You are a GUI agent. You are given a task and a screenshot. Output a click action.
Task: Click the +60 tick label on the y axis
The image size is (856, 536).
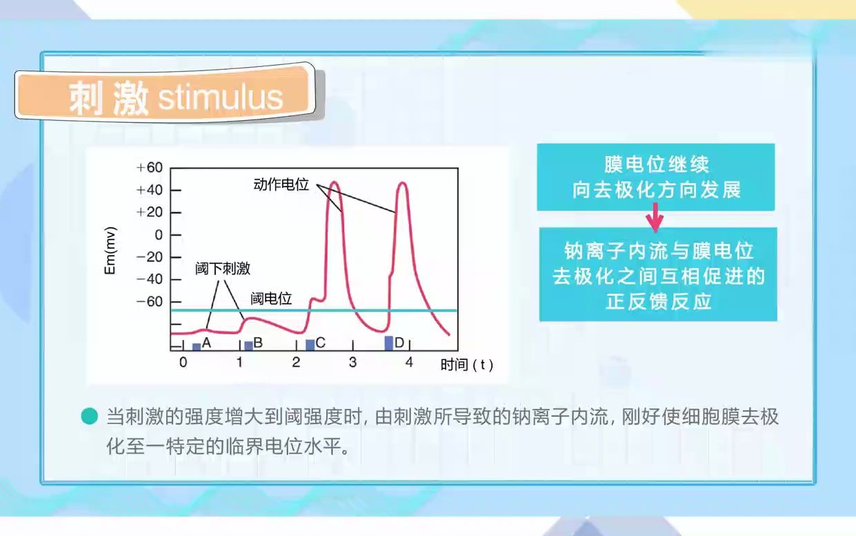[x=149, y=168]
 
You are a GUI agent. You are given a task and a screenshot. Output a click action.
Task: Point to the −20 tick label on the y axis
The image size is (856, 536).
[x=149, y=257]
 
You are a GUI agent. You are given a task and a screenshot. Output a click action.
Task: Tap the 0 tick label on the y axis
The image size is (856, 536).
[x=158, y=235]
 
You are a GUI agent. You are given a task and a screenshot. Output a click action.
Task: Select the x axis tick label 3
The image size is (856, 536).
[x=352, y=362]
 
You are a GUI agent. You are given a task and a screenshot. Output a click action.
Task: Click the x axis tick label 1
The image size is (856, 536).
[x=239, y=362]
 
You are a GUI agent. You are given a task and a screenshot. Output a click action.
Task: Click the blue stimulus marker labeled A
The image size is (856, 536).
[x=197, y=346]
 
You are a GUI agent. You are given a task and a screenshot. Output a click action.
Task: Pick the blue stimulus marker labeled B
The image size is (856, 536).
[x=248, y=345]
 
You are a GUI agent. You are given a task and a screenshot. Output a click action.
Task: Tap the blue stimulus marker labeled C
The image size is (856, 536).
[x=310, y=344]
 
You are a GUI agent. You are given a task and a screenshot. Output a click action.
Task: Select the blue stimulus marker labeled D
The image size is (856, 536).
[x=389, y=343]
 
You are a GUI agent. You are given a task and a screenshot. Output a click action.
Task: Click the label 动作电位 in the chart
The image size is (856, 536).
[x=280, y=185]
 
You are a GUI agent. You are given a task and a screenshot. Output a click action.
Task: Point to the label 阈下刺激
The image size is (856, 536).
[x=222, y=269]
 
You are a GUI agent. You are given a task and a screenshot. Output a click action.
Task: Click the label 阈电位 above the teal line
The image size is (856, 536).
[x=271, y=298]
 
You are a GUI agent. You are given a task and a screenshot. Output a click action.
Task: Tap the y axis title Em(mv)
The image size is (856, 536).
[x=110, y=250]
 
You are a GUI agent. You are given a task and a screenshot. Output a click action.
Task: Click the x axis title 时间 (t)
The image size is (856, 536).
[x=466, y=365]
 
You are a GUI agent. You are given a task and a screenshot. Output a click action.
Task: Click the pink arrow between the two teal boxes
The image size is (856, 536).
[x=655, y=220]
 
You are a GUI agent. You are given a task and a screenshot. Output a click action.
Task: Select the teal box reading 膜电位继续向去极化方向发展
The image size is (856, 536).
[x=655, y=178]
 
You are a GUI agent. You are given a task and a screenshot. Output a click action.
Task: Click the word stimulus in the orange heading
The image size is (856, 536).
[x=220, y=98]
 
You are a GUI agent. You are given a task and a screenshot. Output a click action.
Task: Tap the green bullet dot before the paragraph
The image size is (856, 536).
[x=89, y=417]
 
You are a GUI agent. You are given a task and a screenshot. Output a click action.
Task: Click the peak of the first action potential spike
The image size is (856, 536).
[x=335, y=182]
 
